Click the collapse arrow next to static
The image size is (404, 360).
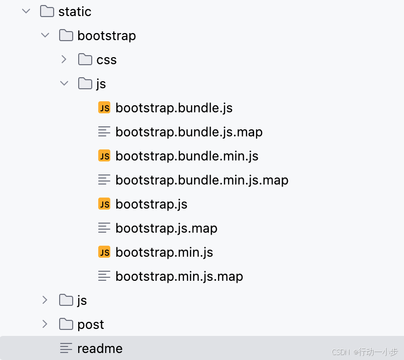pyautogui.click(x=26, y=12)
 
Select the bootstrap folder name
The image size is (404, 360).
pyautogui.click(x=106, y=36)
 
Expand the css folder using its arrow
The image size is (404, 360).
pyautogui.click(x=64, y=60)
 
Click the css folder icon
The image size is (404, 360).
pyautogui.click(x=85, y=60)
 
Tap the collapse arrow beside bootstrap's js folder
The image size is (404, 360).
pyautogui.click(x=64, y=84)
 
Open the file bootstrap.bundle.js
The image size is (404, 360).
pyautogui.click(x=173, y=108)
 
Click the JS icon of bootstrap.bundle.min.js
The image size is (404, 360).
pyautogui.click(x=104, y=156)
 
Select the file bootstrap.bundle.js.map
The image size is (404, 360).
pyautogui.click(x=188, y=132)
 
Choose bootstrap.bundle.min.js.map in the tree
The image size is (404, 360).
pyautogui.click(x=201, y=180)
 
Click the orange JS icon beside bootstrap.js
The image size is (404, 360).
pyautogui.click(x=104, y=204)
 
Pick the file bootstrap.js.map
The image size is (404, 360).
pyautogui.click(x=166, y=228)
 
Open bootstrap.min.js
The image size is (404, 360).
pyautogui.click(x=164, y=252)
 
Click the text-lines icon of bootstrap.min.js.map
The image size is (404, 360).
pyautogui.click(x=104, y=276)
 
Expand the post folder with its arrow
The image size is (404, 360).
pyautogui.click(x=45, y=324)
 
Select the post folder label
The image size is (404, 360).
pyautogui.click(x=90, y=324)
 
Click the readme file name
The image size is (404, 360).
pyautogui.click(x=99, y=348)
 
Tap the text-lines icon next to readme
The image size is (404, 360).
pyautogui.click(x=66, y=348)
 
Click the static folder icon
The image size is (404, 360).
pyautogui.click(x=47, y=12)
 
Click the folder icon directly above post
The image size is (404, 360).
pyautogui.click(x=66, y=300)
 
